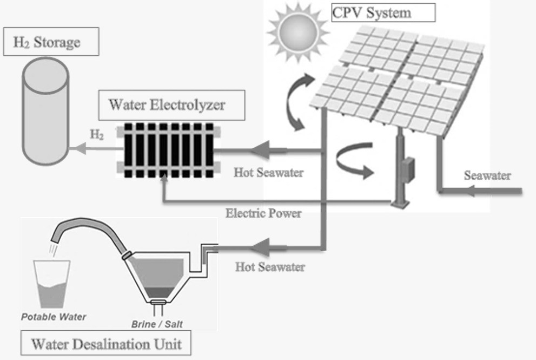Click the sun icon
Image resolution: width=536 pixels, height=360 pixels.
coord(298,32)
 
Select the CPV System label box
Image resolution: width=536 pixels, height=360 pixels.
coord(383,12)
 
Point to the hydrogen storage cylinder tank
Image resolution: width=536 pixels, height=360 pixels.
coord(46,111)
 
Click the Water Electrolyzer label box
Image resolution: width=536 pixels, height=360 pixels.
coord(171,105)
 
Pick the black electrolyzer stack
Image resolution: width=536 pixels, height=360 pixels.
coord(169,150)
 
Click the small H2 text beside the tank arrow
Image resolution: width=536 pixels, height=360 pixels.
coord(97,134)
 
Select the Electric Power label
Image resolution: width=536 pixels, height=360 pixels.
coord(263,213)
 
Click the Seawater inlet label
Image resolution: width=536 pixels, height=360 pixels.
coord(487,175)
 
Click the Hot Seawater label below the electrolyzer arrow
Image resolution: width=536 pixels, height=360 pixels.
coord(269,173)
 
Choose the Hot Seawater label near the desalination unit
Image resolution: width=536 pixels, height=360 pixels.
coord(270,267)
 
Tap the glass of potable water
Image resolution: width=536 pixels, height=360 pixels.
coord(51,284)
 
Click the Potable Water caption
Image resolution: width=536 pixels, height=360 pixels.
coord(54,317)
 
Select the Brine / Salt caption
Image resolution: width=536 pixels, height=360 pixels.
coord(157,324)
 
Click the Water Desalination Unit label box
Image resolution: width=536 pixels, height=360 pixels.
coord(106,343)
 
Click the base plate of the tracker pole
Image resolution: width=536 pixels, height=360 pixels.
coord(400,204)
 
